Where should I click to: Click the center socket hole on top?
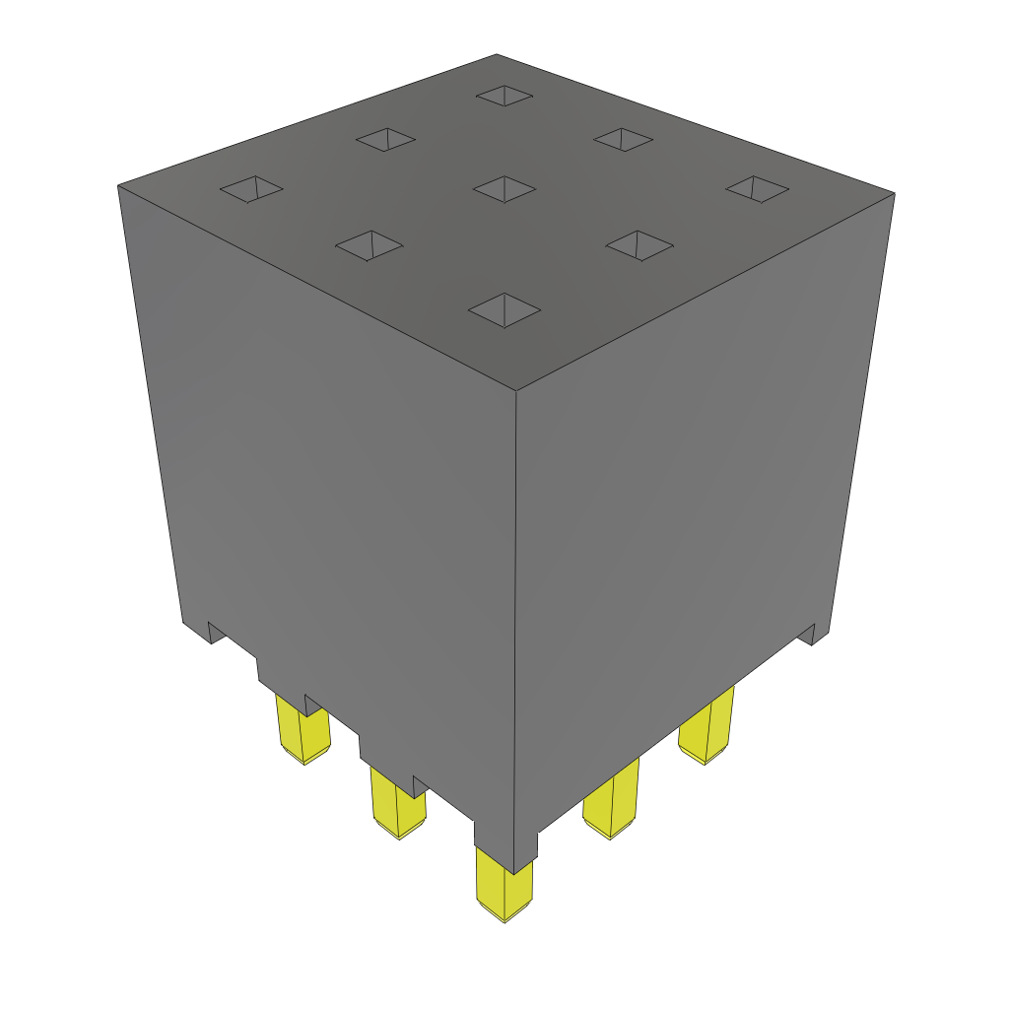click(x=504, y=188)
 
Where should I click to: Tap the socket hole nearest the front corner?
click(x=504, y=310)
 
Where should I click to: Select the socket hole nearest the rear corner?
click(x=504, y=95)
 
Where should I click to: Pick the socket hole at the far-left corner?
click(x=251, y=188)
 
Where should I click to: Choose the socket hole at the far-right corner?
click(x=758, y=189)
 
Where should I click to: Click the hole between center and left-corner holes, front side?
click(x=370, y=245)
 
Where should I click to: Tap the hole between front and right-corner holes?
click(x=639, y=244)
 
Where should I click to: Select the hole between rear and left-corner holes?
click(x=386, y=140)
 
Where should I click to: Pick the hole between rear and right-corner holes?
click(x=623, y=139)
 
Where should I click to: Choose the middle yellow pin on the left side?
click(x=397, y=803)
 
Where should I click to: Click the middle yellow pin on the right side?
click(x=611, y=803)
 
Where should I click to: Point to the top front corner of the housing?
click(x=517, y=391)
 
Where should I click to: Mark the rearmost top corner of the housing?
click(x=496, y=54)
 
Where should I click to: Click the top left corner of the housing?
click(x=118, y=185)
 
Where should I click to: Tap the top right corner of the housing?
click(x=894, y=193)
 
